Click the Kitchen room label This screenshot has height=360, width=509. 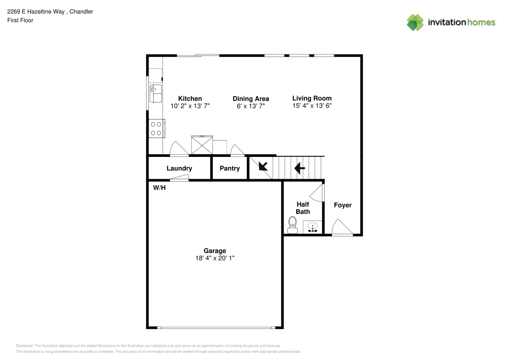tap(190, 99)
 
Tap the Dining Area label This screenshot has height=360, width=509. tap(250, 99)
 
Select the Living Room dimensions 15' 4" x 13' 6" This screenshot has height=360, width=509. tap(312, 106)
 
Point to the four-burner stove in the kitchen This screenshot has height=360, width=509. tap(156, 128)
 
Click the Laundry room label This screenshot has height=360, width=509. tap(179, 169)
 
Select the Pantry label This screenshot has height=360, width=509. tap(230, 169)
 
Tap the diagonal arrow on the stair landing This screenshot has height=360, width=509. tap(264, 167)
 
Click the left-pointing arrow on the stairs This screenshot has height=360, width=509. tap(299, 167)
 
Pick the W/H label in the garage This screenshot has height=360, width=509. tap(159, 188)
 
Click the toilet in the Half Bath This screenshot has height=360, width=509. tap(293, 225)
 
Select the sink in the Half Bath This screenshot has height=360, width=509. tap(313, 227)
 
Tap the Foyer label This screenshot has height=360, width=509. tap(343, 205)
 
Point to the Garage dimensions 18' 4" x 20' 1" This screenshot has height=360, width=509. tap(215, 258)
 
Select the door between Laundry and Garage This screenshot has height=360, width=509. tap(179, 178)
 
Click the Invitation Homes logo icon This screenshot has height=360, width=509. tap(415, 22)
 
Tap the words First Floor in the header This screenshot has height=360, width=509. tap(20, 20)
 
